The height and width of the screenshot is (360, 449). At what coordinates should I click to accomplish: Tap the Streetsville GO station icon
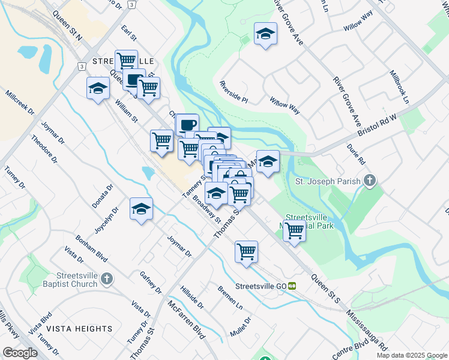[x=292, y=286]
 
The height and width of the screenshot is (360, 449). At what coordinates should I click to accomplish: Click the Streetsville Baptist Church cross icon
[x=107, y=279]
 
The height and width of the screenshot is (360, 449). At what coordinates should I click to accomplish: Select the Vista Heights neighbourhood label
[x=79, y=329]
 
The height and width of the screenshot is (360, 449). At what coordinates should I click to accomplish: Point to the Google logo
[x=20, y=353]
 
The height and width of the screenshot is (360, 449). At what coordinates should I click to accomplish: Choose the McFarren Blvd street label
[x=187, y=319]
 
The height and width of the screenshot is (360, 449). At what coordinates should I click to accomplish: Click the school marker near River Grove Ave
[x=265, y=34]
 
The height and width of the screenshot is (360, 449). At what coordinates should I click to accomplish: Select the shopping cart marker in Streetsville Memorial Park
[x=294, y=230]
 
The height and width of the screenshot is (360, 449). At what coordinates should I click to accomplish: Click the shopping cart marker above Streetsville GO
[x=246, y=252]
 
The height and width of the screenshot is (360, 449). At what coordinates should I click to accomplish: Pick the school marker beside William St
[x=98, y=89]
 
